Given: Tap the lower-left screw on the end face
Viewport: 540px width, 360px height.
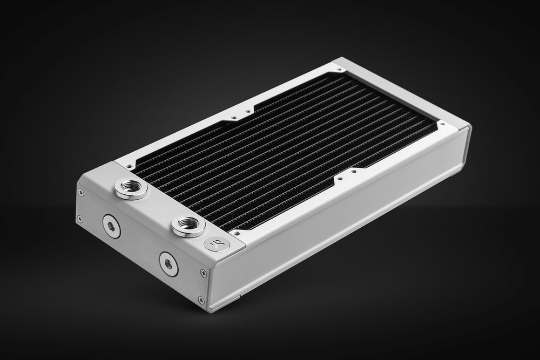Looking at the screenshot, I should [x=80, y=219].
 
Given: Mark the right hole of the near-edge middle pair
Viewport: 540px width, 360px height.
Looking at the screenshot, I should [x=354, y=173].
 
